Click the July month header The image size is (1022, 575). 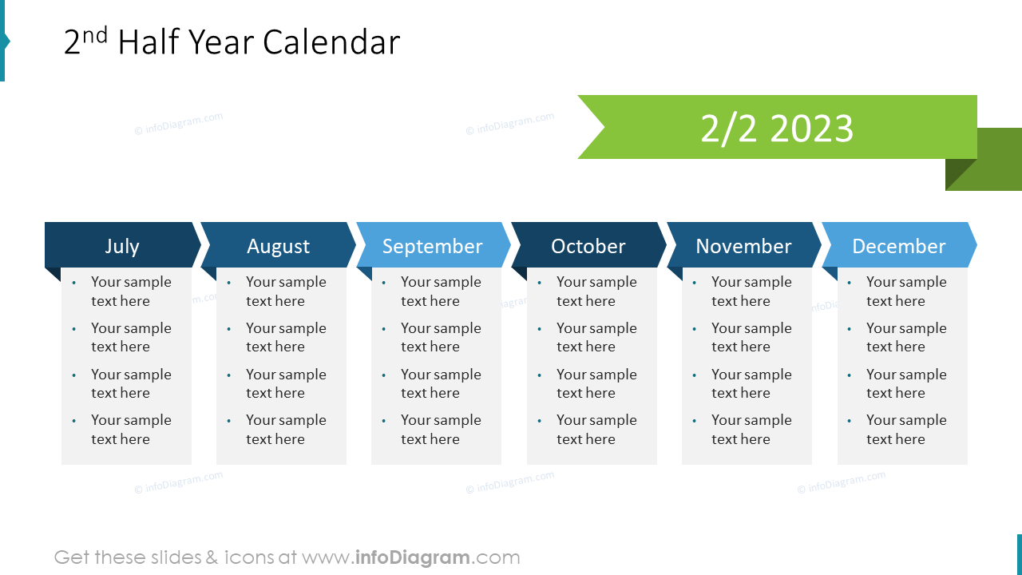122,246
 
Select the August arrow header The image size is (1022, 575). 278,246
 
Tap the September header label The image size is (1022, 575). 432,246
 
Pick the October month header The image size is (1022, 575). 588,246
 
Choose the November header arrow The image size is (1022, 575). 743,246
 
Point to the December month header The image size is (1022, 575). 898,246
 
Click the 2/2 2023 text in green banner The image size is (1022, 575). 777,129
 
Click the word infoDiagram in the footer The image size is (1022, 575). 411,557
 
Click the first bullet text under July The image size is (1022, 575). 130,291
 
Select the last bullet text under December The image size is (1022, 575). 905,430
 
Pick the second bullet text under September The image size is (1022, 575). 441,337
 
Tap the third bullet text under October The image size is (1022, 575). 596,383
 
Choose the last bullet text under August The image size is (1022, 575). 286,430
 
